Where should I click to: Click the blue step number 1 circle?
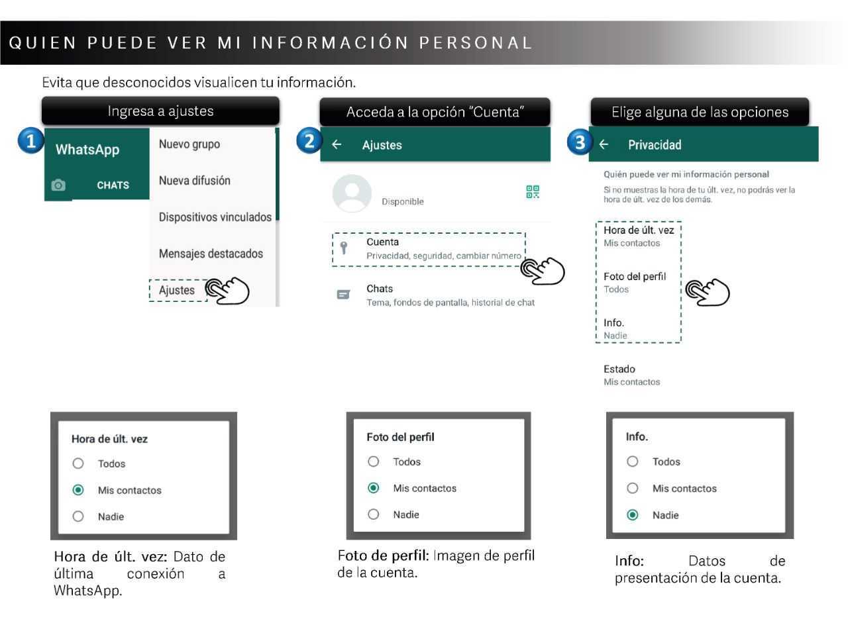[30, 140]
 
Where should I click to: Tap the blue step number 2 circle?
[309, 140]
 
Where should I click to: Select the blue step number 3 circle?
[580, 142]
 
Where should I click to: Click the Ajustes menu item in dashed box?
[177, 290]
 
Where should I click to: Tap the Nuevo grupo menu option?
[189, 144]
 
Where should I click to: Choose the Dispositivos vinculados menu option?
[215, 217]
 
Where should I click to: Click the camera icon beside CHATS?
[58, 185]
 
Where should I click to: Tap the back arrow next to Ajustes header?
[337, 144]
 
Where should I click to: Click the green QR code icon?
[533, 192]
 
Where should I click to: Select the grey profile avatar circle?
[352, 193]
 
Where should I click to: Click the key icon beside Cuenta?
[343, 248]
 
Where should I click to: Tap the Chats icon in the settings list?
[343, 295]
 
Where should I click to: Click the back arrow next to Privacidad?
[604, 144]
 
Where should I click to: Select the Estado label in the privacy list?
[619, 369]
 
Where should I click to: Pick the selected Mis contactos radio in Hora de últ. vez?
[78, 490]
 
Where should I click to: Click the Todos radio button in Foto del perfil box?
[374, 462]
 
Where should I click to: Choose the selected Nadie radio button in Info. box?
[633, 514]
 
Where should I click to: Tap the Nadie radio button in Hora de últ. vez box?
[78, 516]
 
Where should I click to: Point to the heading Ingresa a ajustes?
[160, 111]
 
